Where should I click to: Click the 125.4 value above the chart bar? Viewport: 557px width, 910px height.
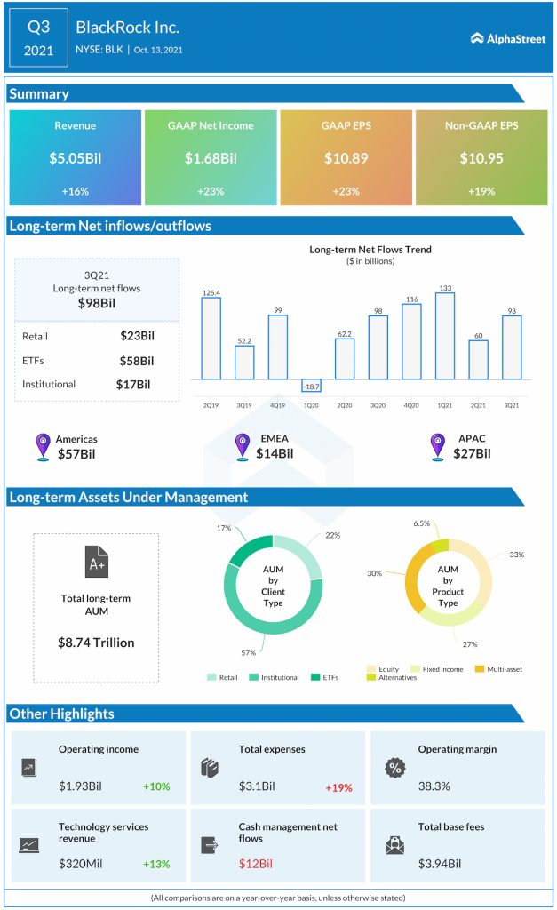[x=211, y=291]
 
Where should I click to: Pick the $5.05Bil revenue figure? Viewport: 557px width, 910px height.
[x=75, y=158]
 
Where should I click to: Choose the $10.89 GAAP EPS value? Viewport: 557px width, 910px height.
[x=346, y=158]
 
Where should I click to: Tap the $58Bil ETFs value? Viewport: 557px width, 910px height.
[x=137, y=361]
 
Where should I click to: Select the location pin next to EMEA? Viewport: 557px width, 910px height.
[x=242, y=446]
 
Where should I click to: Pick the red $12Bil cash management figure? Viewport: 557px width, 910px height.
[x=256, y=864]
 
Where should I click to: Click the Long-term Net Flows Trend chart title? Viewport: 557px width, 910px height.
[x=370, y=250]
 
